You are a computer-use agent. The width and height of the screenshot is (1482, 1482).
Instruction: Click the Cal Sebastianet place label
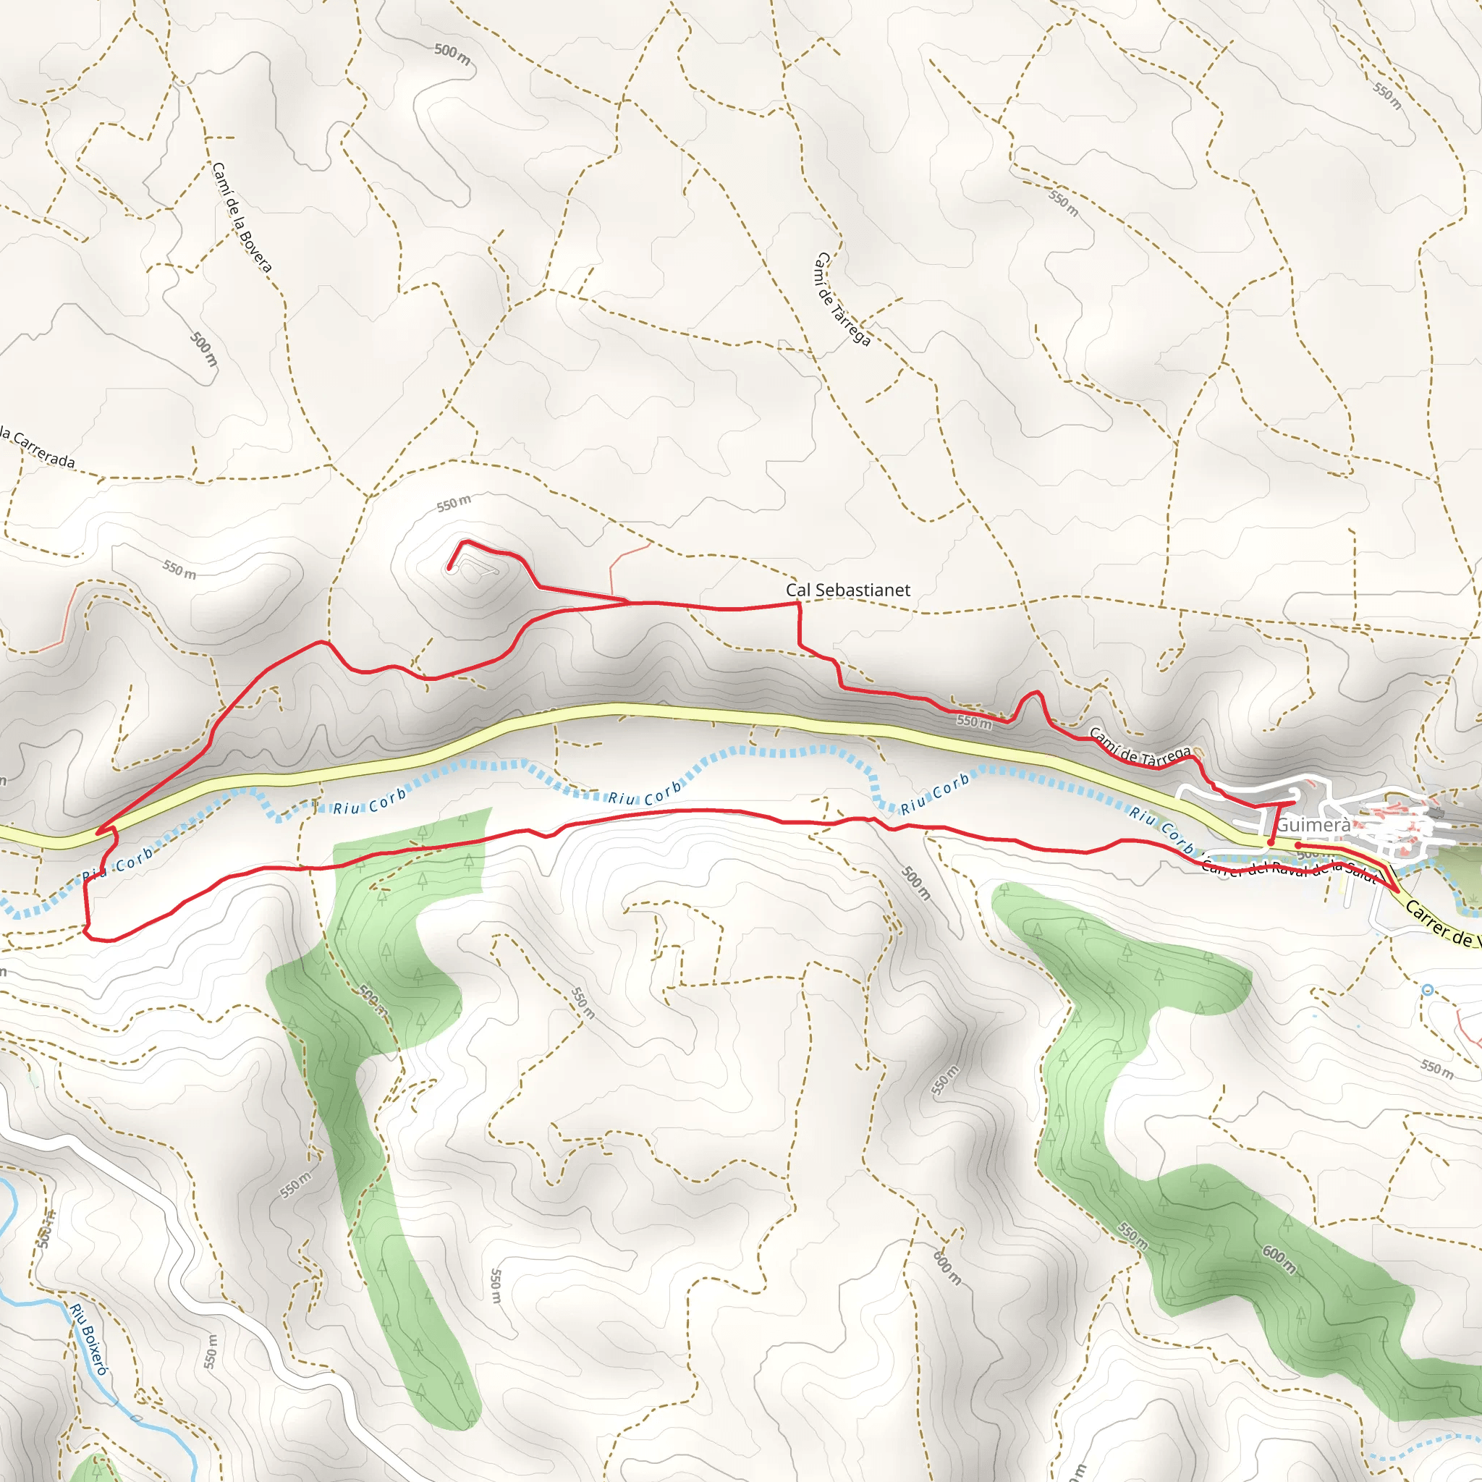(847, 590)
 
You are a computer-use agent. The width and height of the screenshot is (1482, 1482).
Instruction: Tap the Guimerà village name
(1313, 826)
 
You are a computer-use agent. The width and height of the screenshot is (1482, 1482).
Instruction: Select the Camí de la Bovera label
(242, 217)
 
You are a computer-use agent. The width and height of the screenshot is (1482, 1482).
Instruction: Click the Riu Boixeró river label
(90, 1339)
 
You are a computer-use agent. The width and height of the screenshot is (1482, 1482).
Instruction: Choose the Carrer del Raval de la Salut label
(1289, 869)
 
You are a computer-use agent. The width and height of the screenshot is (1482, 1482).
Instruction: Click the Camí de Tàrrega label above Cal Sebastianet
(842, 299)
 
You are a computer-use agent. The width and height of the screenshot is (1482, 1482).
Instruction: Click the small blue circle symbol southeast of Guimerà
(1427, 991)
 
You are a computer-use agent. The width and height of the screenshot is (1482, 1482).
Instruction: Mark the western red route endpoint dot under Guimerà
(1271, 842)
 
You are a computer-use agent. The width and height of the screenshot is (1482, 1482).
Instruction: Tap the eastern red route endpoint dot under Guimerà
(1298, 845)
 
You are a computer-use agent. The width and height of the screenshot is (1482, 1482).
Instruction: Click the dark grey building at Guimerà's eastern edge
(1436, 813)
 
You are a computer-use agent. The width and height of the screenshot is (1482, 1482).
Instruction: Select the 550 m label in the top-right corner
(1388, 96)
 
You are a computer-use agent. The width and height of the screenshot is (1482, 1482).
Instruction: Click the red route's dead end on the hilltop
(449, 568)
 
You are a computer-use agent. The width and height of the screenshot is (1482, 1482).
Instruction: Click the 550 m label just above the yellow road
(974, 721)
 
